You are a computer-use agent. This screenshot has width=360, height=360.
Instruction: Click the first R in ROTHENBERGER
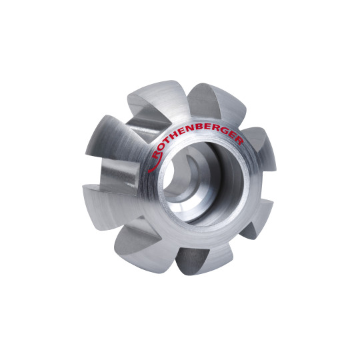(157, 155)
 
